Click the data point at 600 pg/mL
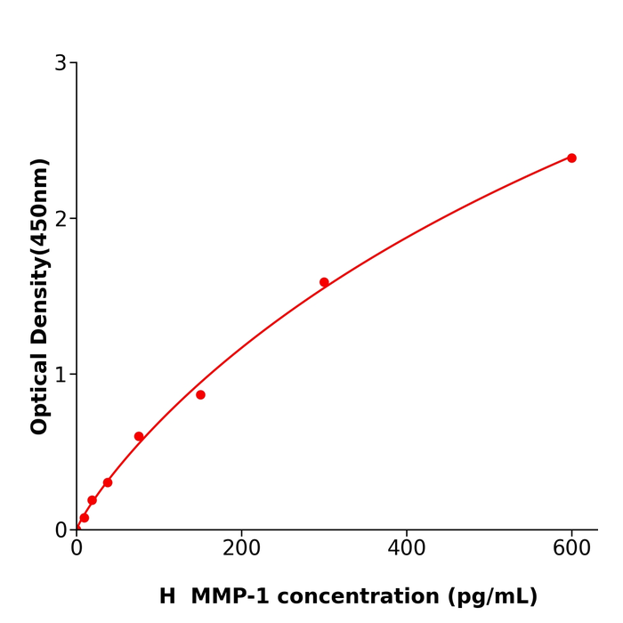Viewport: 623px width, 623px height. tap(571, 158)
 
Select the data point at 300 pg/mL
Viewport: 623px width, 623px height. tap(324, 282)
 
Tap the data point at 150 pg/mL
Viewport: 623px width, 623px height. tap(200, 394)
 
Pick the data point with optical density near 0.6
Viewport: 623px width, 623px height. tap(139, 436)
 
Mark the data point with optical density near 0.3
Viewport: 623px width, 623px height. tap(108, 482)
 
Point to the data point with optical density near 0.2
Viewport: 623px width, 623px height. tap(92, 500)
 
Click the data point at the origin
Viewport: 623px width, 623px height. tap(77, 529)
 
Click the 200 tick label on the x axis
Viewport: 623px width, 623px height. tap(241, 548)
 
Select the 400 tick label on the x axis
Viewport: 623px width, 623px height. tap(407, 548)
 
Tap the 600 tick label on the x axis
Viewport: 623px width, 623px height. tap(571, 548)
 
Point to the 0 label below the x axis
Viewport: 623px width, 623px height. tap(77, 548)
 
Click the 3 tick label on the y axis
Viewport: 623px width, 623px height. tap(61, 63)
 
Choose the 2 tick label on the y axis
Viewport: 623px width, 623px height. tap(61, 219)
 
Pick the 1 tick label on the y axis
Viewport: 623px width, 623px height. tap(61, 375)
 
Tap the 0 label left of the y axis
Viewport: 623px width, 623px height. tap(61, 530)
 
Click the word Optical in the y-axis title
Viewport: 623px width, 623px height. tap(39, 393)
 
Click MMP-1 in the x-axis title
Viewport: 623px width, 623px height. tap(234, 596)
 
